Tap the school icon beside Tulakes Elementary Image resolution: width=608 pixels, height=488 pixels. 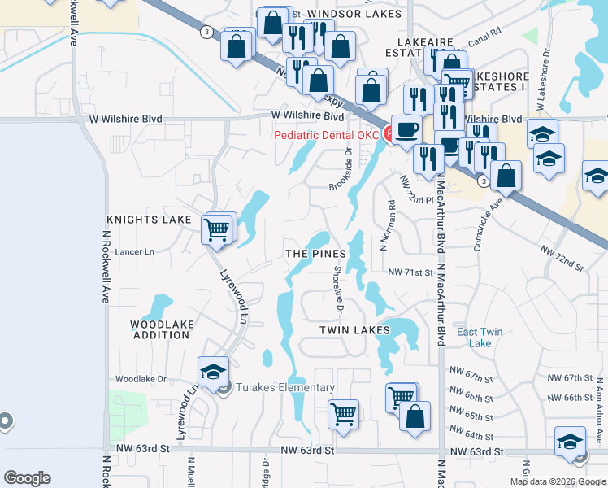click(214, 373)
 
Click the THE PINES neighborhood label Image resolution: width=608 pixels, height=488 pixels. click(315, 254)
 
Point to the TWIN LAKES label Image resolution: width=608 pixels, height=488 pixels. click(354, 330)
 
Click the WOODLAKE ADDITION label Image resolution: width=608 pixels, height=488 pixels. click(163, 329)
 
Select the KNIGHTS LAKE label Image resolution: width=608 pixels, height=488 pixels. click(148, 220)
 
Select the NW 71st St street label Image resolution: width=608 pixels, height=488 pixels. click(410, 272)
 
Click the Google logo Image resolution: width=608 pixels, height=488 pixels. click(27, 478)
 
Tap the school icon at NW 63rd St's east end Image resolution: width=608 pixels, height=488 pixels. click(570, 442)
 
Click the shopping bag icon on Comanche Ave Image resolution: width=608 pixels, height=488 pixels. click(506, 175)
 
